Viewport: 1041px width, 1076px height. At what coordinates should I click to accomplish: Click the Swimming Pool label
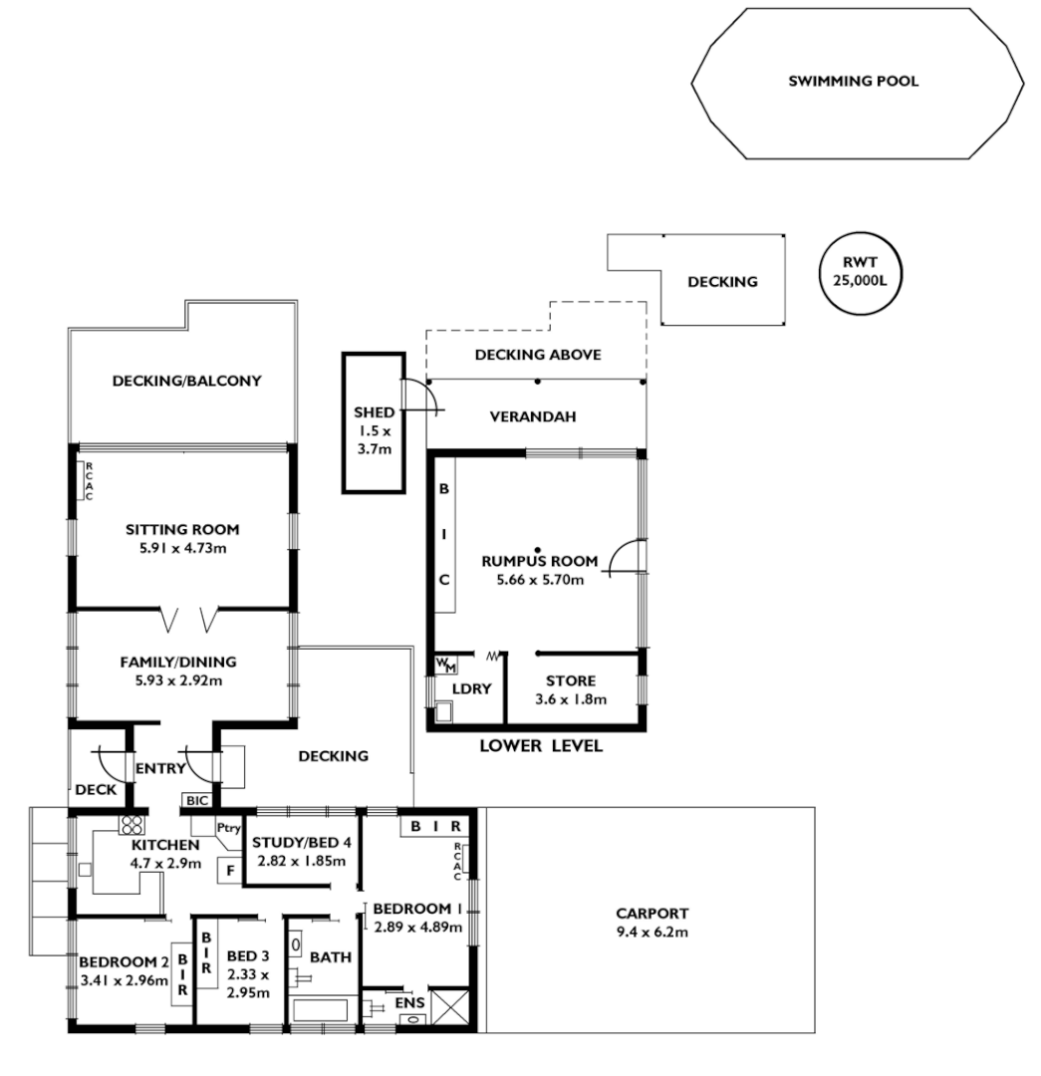[853, 83]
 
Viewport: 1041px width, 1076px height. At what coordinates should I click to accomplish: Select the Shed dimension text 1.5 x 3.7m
[374, 440]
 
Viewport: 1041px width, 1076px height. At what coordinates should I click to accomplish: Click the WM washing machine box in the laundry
[442, 665]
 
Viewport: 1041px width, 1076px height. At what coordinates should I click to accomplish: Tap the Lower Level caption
[541, 745]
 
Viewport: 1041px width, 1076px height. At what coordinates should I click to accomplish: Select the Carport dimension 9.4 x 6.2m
[651, 933]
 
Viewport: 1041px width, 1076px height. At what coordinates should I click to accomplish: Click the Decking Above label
[537, 355]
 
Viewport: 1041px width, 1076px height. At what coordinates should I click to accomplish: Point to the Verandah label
[533, 416]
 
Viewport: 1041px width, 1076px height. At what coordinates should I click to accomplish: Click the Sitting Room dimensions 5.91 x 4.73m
[182, 548]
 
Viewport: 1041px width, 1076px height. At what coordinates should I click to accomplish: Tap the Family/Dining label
[178, 662]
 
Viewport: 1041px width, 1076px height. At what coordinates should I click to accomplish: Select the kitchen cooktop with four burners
[131, 825]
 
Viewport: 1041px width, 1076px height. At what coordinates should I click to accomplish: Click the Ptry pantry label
[229, 827]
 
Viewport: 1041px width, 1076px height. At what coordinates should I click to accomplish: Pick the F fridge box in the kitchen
[230, 870]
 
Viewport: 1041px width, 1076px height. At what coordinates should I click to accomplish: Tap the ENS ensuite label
[409, 1000]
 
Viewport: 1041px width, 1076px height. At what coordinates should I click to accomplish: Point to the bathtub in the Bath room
[321, 1010]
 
